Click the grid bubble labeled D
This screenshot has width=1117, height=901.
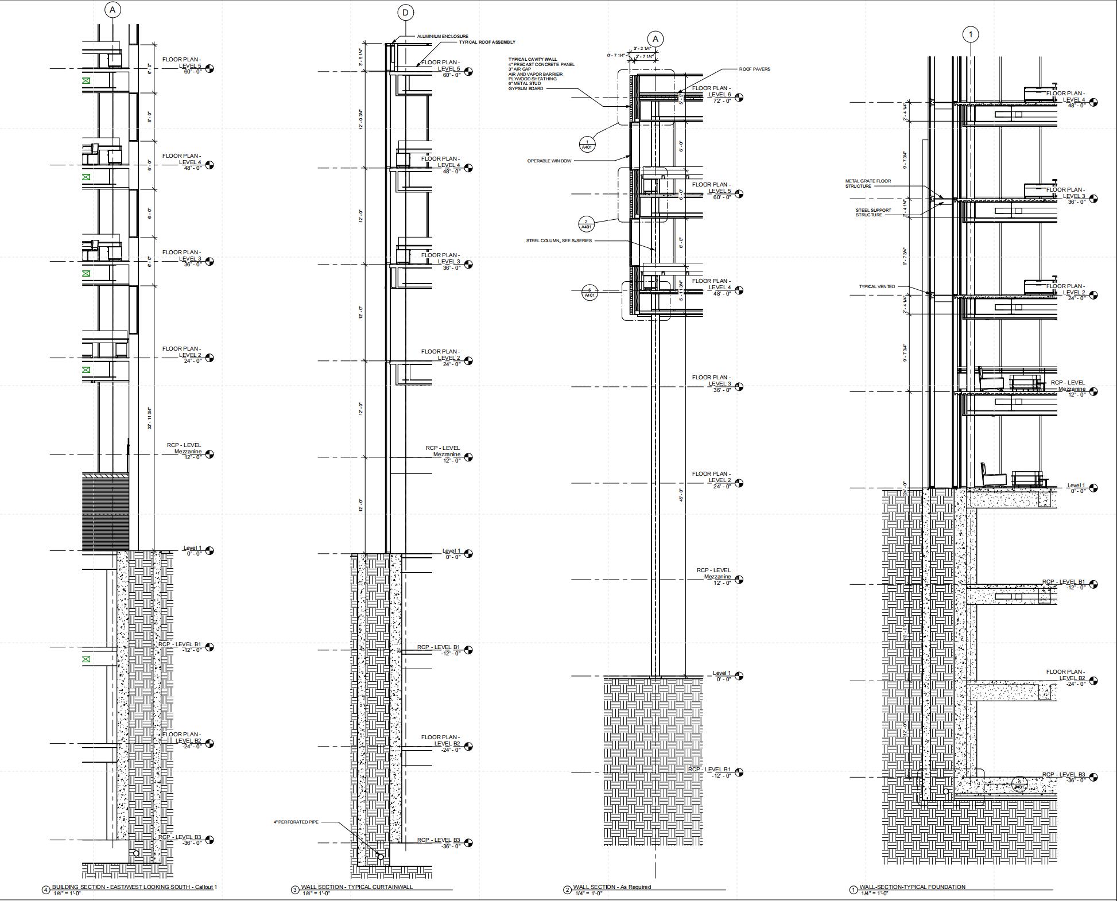tap(406, 13)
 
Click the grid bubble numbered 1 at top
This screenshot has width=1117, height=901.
tap(971, 35)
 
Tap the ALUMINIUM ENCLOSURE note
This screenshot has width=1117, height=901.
tap(443, 36)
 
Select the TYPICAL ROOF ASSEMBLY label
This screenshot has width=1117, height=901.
tap(487, 42)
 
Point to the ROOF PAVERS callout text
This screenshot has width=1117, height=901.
tap(754, 69)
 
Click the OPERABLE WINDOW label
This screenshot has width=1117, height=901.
tap(549, 161)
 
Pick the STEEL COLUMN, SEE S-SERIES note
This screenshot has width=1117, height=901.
tap(558, 240)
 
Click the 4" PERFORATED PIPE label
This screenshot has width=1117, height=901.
tap(296, 822)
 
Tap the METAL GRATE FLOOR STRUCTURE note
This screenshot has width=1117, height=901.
tap(868, 184)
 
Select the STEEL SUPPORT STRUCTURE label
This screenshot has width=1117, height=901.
tap(873, 212)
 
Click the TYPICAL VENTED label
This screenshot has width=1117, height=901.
tap(876, 286)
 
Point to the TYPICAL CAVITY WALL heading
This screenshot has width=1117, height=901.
tap(532, 60)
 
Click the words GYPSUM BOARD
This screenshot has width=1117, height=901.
tap(525, 88)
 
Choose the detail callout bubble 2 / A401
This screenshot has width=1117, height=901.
tap(586, 224)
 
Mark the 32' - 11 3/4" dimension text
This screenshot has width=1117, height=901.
tap(149, 418)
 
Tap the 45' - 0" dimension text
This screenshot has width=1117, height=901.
tap(681, 495)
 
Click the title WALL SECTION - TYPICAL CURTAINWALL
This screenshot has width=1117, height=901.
tap(357, 887)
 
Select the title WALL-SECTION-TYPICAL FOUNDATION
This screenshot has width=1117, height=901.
tap(912, 887)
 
